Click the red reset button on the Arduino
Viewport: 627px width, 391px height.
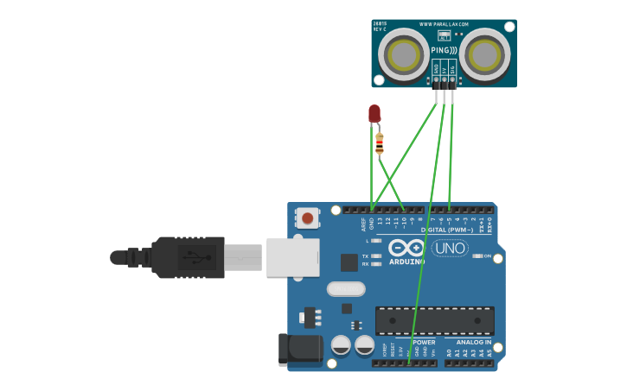306,218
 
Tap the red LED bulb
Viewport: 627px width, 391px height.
374,114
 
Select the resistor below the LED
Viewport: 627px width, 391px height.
380,144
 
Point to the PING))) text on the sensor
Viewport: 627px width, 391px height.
444,51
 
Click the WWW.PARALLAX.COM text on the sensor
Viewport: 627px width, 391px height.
444,24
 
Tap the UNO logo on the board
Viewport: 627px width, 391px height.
450,249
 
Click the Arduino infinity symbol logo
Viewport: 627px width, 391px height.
406,248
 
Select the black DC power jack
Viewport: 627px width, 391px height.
299,350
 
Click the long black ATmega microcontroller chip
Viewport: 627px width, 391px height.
434,321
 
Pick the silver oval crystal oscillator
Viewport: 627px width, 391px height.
346,288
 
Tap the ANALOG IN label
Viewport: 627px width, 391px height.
473,342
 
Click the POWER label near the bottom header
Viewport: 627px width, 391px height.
424,342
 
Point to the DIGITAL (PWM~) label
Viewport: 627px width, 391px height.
447,230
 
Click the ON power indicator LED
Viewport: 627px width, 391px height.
477,256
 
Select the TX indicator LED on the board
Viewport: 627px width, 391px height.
375,256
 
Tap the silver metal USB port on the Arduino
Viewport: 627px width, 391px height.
292,257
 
